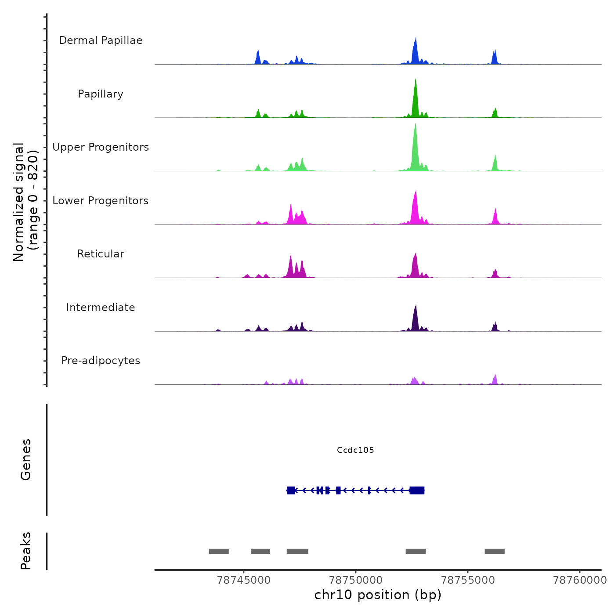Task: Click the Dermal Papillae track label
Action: (101, 40)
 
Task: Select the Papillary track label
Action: (101, 94)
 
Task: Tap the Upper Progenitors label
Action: (101, 147)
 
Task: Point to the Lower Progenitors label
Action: (101, 201)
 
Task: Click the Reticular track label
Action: (101, 254)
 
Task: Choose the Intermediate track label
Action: (101, 307)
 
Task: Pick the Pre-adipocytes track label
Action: (101, 361)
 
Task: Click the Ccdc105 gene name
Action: (355, 450)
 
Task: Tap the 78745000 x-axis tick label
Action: (244, 580)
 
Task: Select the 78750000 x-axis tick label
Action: (356, 580)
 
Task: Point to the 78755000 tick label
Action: (468, 580)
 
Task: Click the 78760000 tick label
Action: (580, 580)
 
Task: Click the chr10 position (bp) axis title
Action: (378, 595)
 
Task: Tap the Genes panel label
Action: (26, 459)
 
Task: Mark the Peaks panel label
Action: (26, 551)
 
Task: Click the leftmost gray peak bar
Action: (219, 551)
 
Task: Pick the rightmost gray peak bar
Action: (495, 551)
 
